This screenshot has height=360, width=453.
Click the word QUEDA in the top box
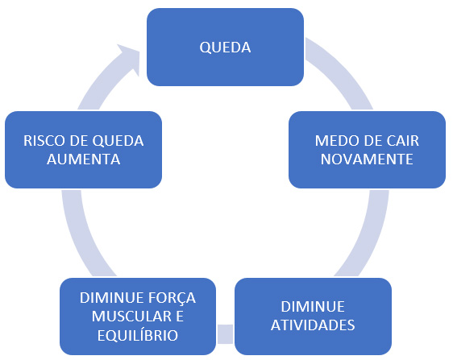coord(225,48)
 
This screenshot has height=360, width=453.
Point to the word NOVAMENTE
coord(367,159)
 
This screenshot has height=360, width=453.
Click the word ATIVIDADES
coord(313,325)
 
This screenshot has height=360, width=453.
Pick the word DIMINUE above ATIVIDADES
coord(313,307)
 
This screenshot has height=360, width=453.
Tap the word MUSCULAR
coord(128,317)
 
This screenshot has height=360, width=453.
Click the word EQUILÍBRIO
coord(138,335)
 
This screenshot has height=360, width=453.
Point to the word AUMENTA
coord(84,159)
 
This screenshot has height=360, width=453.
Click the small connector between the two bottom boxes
coord(225,334)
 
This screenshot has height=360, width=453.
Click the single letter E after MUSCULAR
coord(180,317)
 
